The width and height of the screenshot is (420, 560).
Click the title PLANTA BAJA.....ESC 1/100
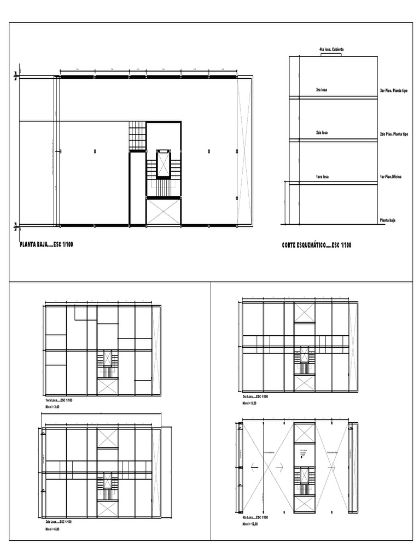pyautogui.click(x=46, y=244)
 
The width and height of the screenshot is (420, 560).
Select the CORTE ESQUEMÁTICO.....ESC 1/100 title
pyautogui.click(x=317, y=245)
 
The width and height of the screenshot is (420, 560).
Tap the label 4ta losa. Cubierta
pyautogui.click(x=331, y=50)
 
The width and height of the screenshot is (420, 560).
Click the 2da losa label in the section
pyautogui.click(x=322, y=133)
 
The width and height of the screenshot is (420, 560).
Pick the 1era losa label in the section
pyautogui.click(x=322, y=177)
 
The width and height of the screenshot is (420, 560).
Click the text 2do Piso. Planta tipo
pyautogui.click(x=394, y=133)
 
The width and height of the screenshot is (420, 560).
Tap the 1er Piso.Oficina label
pyautogui.click(x=391, y=177)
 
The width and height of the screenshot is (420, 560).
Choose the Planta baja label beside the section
pyautogui.click(x=388, y=220)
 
